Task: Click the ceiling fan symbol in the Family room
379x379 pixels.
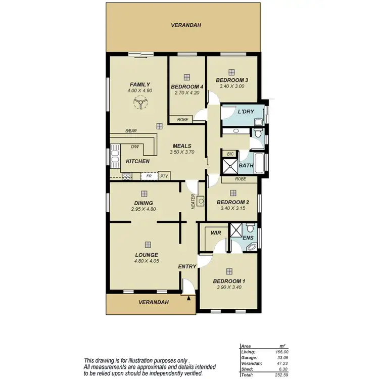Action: (139, 103)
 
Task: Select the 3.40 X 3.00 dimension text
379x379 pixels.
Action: (231, 86)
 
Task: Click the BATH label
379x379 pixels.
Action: (246, 165)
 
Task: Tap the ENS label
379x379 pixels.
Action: (248, 237)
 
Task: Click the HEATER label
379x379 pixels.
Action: (193, 202)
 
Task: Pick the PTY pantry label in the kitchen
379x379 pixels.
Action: (164, 176)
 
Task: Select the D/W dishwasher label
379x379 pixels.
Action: (135, 147)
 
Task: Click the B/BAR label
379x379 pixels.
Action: (131, 131)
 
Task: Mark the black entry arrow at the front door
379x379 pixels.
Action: (189, 299)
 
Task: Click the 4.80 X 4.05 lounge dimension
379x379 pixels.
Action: (147, 261)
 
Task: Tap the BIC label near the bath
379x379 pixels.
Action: (230, 154)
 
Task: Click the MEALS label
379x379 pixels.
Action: (181, 145)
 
